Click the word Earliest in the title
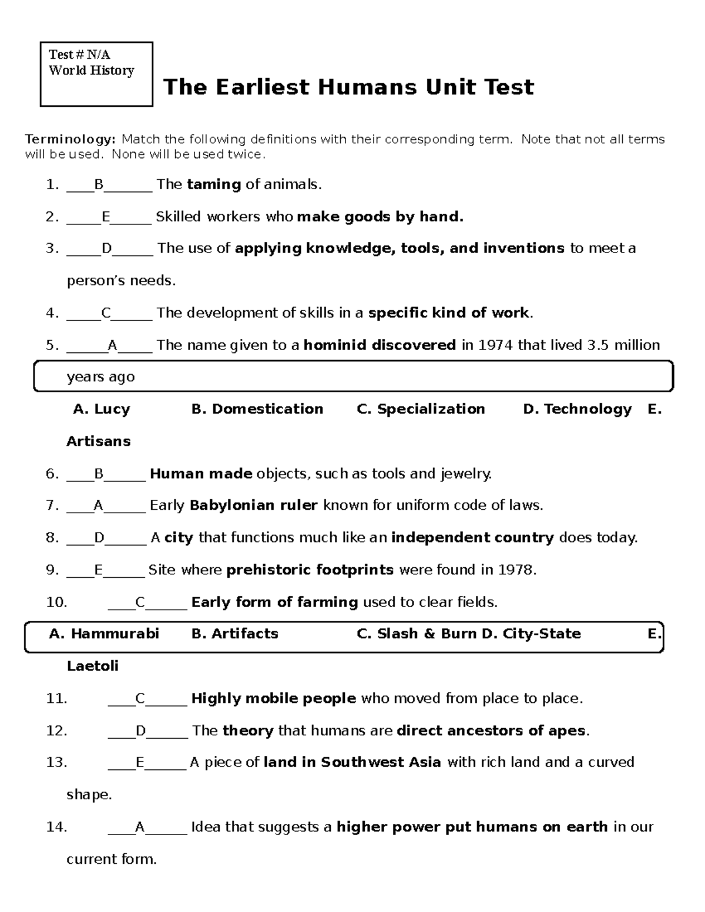[x=262, y=88]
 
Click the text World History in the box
[x=92, y=70]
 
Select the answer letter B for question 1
[x=99, y=185]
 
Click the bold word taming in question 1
[x=214, y=184]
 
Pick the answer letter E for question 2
[x=106, y=217]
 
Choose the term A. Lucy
[x=101, y=409]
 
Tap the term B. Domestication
[x=257, y=409]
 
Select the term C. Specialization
[x=421, y=409]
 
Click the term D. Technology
[x=577, y=409]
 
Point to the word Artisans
[x=99, y=442]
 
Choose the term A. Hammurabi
[x=104, y=634]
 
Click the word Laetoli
[x=93, y=667]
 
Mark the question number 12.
[x=56, y=731]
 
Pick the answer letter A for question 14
[x=140, y=827]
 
